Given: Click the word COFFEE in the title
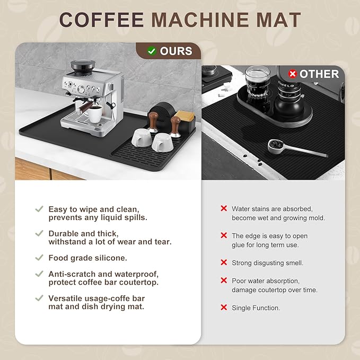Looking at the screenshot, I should (x=101, y=20).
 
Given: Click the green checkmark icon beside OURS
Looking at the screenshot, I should (x=152, y=51).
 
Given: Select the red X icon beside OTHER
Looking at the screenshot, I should (x=292, y=74).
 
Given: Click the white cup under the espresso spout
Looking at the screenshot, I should (x=95, y=114).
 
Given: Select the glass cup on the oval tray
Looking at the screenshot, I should (x=257, y=81).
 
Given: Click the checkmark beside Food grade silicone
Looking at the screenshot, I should (x=39, y=258).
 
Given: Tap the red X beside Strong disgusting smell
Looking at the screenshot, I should (x=223, y=262).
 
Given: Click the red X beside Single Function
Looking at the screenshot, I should (x=223, y=308).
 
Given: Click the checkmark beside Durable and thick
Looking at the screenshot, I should (x=39, y=233).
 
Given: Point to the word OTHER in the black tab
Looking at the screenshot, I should (x=319, y=74).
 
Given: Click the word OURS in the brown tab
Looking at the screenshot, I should (x=175, y=51).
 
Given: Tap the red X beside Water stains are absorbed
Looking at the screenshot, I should (x=223, y=209).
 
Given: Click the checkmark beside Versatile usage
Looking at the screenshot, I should (x=39, y=298).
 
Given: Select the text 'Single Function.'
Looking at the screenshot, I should (x=256, y=308).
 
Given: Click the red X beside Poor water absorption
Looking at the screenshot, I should (x=223, y=280).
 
